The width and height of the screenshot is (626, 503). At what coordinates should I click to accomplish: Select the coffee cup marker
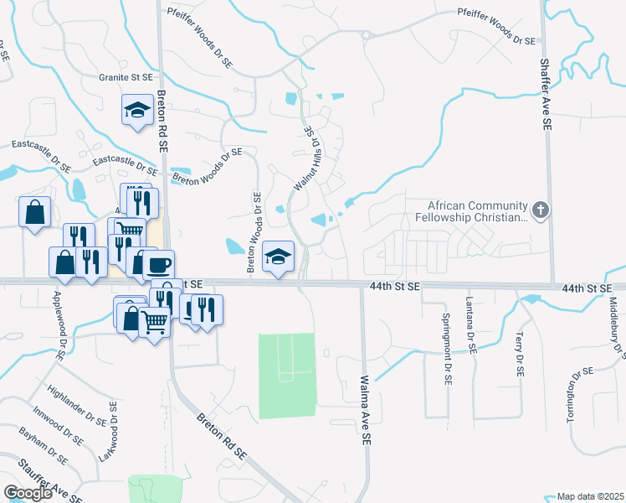(157, 265)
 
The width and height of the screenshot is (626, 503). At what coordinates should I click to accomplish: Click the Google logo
(28, 493)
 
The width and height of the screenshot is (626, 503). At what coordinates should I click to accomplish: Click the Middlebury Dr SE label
(613, 328)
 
